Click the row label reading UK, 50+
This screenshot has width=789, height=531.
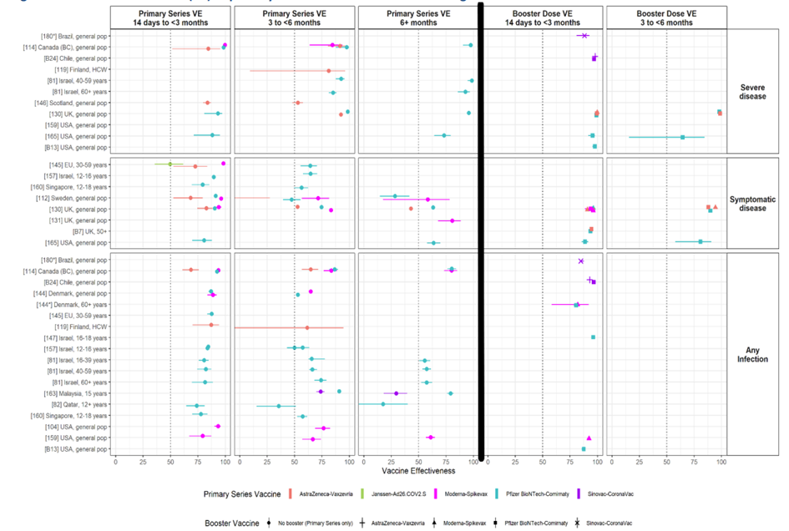(x=91, y=231)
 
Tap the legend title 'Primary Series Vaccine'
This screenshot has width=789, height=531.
(x=244, y=494)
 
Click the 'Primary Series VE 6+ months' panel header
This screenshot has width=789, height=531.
(x=417, y=18)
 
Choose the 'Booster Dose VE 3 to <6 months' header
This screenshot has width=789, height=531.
(x=665, y=18)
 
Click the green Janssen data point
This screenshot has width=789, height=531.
(x=169, y=164)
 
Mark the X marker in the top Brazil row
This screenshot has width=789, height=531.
(x=584, y=35)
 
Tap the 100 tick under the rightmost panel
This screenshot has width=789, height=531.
(x=721, y=461)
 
